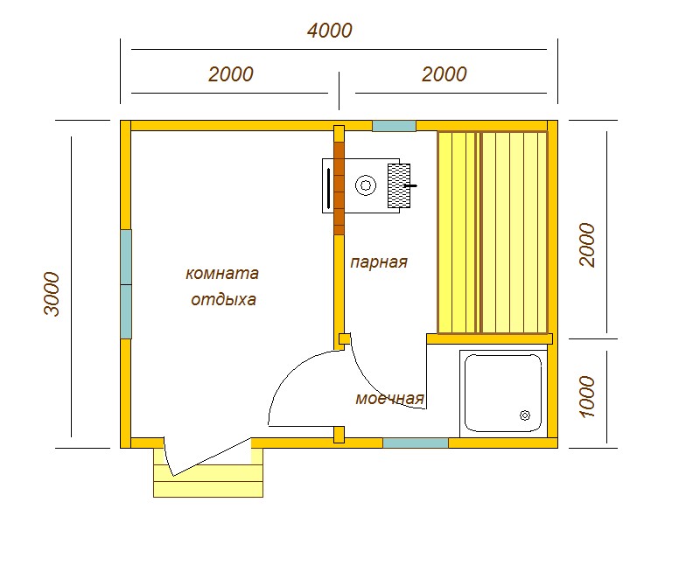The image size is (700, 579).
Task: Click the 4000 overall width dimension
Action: point(330,31)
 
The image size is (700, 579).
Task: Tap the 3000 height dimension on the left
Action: point(52,294)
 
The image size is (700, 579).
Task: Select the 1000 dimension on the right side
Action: point(587,396)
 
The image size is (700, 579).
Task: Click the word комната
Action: point(222,273)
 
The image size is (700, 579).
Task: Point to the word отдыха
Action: point(223,299)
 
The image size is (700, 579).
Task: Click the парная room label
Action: point(379,262)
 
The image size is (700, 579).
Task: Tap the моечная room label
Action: point(389,398)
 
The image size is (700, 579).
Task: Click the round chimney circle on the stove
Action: point(366,185)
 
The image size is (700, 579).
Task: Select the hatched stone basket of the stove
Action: point(399,185)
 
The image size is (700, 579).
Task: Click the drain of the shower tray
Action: point(525,415)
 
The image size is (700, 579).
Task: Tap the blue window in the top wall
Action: point(395,126)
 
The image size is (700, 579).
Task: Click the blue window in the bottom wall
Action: point(416,443)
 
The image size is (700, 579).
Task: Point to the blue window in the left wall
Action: point(126,284)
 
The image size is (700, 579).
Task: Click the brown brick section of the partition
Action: point(339,188)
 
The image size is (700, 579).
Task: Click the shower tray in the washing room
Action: point(503,393)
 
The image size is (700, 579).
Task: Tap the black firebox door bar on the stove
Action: point(329,188)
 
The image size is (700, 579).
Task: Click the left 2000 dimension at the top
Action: point(231,74)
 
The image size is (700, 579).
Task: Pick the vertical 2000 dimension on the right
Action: point(587,245)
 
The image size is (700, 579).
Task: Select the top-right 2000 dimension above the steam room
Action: point(444,74)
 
